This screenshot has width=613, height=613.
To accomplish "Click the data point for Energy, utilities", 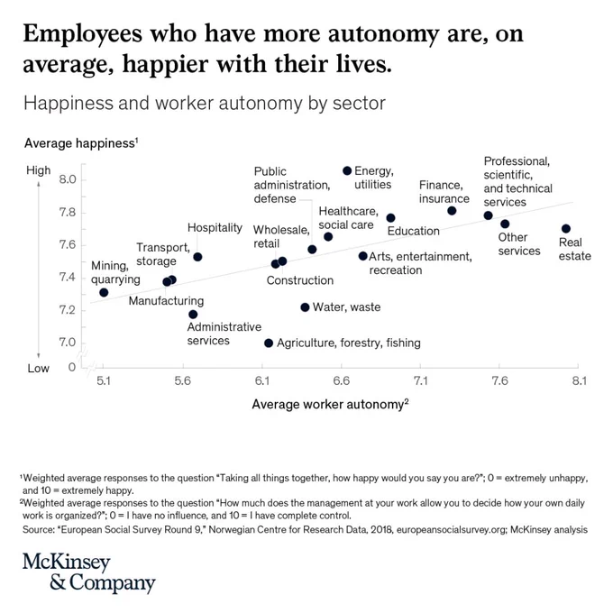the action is tap(347, 171).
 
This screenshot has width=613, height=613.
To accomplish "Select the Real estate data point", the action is tap(566, 229).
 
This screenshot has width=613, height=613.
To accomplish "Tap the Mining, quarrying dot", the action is tap(104, 292).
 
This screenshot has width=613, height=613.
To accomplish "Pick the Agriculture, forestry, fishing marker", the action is tap(269, 343).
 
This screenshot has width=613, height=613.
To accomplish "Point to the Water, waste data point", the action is tap(305, 307).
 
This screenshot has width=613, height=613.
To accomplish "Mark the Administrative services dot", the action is tap(193, 315).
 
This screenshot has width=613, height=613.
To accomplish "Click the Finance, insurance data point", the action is tap(452, 211).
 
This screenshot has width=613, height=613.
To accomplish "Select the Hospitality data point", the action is tap(197, 257).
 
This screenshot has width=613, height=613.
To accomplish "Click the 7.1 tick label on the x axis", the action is tap(421, 380).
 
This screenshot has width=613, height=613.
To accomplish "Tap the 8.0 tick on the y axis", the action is tap(68, 179).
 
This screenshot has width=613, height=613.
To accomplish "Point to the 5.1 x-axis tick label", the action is tap(104, 380).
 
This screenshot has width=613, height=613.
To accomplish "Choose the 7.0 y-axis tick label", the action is tap(68, 343).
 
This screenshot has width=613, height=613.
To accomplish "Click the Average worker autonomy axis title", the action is tap(330, 404).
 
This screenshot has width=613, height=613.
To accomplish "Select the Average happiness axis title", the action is tap(81, 143).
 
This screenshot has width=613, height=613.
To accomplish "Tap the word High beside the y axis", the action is tap(38, 170).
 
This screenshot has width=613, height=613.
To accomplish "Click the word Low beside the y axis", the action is tap(38, 369).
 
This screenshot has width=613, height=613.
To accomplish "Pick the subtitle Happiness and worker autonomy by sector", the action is tap(205, 104).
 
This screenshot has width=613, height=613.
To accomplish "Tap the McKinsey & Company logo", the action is tap(89, 572).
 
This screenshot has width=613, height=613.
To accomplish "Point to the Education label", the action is tap(413, 231).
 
